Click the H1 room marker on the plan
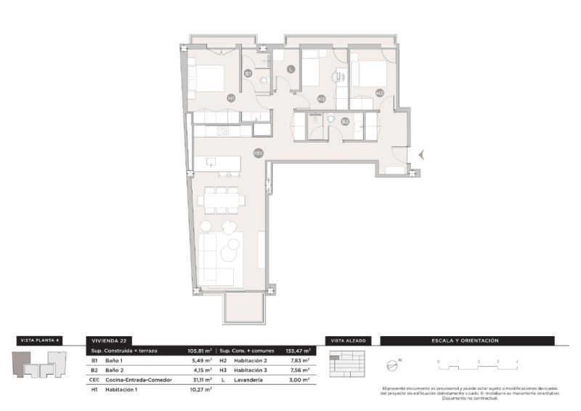tap(231, 97)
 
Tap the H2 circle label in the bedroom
tap(380, 92)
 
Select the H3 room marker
tap(321, 99)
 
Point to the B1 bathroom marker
tap(248, 73)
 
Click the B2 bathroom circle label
tap(346, 121)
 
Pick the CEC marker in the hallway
tap(258, 153)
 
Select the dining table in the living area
tap(220, 200)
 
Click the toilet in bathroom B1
tap(264, 80)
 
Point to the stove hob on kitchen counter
tap(222, 132)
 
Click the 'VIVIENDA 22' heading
tap(107, 340)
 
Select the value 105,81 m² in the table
tap(200, 350)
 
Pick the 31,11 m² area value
tap(200, 380)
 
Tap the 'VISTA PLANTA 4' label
tap(40, 340)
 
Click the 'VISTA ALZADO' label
tap(348, 340)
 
